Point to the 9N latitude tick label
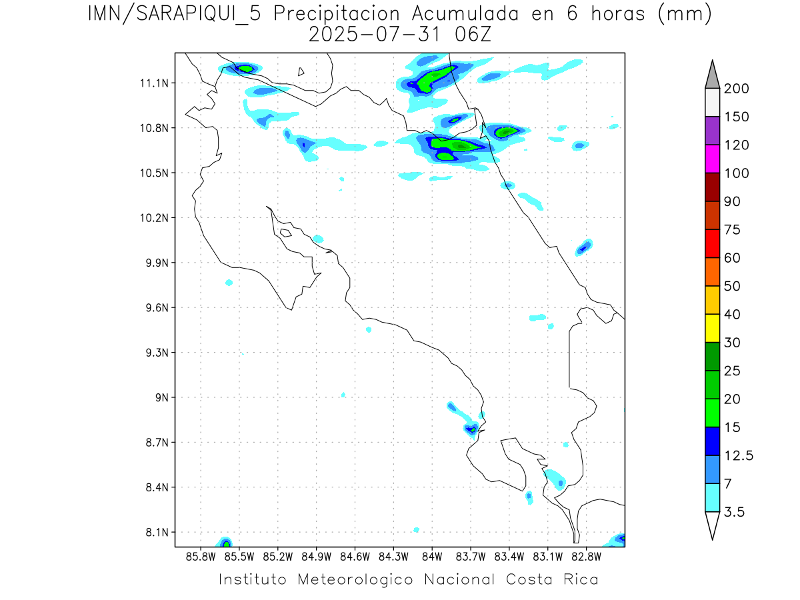[163, 397]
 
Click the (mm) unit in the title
[685, 14]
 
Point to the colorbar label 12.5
[739, 455]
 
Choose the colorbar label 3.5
[735, 512]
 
